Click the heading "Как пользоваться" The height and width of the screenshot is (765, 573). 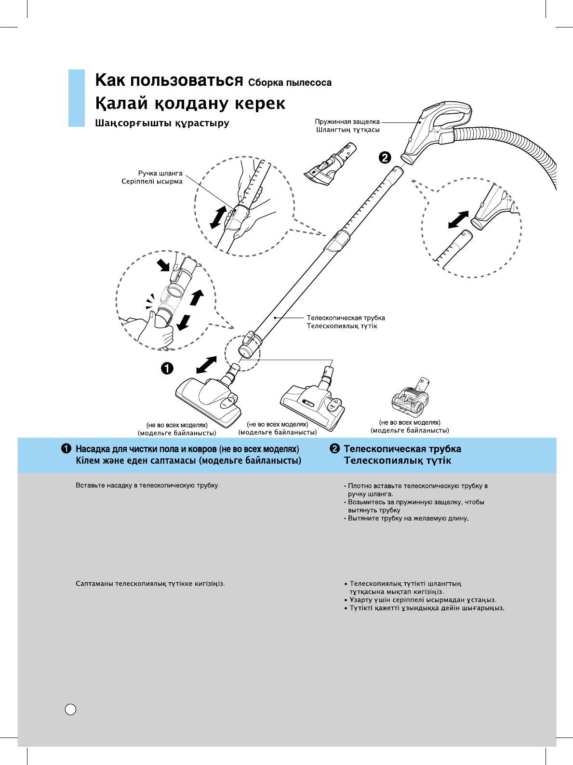[169, 81]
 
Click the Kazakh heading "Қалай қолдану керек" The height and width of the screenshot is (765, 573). [190, 104]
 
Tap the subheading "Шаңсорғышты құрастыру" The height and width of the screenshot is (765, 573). [162, 123]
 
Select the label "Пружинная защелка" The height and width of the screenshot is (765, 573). [347, 122]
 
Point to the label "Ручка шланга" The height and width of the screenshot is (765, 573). [160, 173]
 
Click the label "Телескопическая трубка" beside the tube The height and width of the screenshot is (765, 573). [346, 318]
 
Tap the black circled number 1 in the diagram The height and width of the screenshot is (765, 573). [167, 369]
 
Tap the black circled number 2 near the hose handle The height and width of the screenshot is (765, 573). [385, 158]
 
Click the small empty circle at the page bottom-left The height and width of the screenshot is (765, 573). [70, 710]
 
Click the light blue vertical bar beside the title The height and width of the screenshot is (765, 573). [76, 98]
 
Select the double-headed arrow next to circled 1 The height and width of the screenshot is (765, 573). [207, 365]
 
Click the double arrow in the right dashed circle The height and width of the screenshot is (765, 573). [458, 219]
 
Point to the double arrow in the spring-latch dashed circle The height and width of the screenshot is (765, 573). [218, 217]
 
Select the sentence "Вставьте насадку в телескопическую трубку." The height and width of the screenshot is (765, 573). [147, 485]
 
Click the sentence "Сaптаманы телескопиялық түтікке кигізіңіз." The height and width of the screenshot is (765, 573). [150, 584]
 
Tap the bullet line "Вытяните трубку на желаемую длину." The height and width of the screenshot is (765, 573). [408, 519]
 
